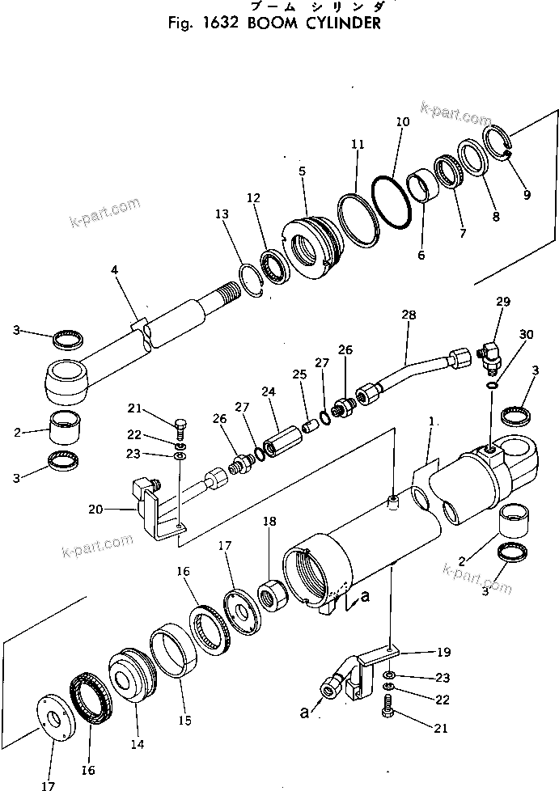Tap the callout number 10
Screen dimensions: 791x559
403,123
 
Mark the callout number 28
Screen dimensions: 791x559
407,315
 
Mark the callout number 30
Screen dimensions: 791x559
527,335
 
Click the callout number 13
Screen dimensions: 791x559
222,214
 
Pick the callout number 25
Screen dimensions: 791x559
300,375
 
